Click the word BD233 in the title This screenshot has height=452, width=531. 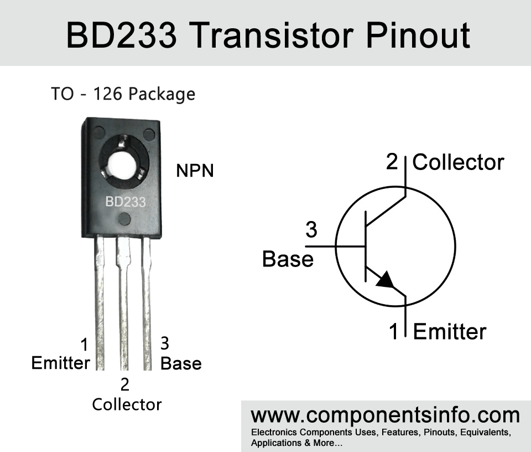pyautogui.click(x=121, y=35)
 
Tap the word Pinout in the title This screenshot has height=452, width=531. pyautogui.click(x=418, y=35)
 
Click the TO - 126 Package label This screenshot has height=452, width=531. pyautogui.click(x=123, y=94)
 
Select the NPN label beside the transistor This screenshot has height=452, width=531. pyautogui.click(x=195, y=171)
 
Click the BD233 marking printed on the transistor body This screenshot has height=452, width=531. pyautogui.click(x=126, y=202)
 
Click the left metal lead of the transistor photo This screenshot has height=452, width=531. pyautogui.click(x=100, y=302)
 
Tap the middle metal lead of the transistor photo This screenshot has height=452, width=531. pyautogui.click(x=124, y=302)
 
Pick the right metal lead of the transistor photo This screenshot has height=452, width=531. pyautogui.click(x=147, y=302)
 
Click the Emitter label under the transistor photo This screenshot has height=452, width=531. pyautogui.click(x=61, y=363)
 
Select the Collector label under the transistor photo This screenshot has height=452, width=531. pyautogui.click(x=127, y=404)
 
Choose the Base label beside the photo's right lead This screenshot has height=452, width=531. pyautogui.click(x=181, y=363)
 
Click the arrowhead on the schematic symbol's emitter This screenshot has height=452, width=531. pyautogui.click(x=386, y=280)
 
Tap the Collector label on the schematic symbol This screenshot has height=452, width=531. pyautogui.click(x=459, y=162)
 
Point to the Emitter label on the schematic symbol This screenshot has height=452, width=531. pyautogui.click(x=450, y=331)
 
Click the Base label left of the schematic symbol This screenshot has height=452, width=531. pyautogui.click(x=288, y=259)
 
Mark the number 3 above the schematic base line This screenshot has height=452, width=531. pyautogui.click(x=311, y=229)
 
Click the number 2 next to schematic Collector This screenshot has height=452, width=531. pyautogui.click(x=392, y=162)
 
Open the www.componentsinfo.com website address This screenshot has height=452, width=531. pyautogui.click(x=385, y=415)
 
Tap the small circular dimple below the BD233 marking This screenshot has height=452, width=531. pyautogui.click(x=125, y=219)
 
